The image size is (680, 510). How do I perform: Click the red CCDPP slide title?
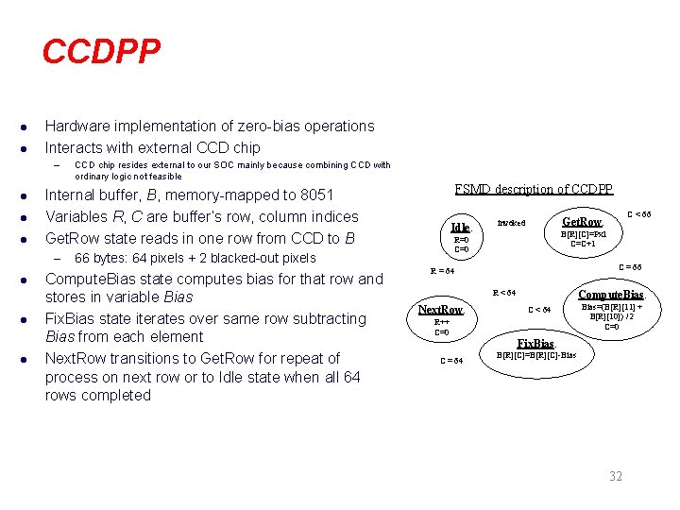(x=101, y=52)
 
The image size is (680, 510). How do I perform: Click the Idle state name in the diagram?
(x=460, y=228)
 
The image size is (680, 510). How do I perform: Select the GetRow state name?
(x=582, y=221)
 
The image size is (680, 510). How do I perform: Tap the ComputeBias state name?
(x=611, y=294)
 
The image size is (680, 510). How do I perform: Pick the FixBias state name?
(x=535, y=343)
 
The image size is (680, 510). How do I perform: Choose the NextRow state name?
(x=441, y=310)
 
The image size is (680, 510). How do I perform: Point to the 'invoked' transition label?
(x=512, y=224)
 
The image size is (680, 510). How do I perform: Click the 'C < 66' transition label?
(x=639, y=214)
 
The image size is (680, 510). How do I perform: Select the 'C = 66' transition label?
(x=629, y=267)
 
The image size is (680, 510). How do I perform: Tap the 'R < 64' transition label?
(x=504, y=293)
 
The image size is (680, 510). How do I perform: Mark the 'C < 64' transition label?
(x=539, y=310)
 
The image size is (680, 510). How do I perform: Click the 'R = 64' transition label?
(x=443, y=271)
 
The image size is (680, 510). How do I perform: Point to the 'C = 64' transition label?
(x=451, y=360)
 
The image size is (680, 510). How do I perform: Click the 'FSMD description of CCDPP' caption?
(x=534, y=189)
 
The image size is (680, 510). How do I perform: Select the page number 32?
(x=615, y=476)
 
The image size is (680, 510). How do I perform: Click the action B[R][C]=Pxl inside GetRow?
(x=583, y=233)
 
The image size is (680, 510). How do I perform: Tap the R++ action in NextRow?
(x=441, y=322)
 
